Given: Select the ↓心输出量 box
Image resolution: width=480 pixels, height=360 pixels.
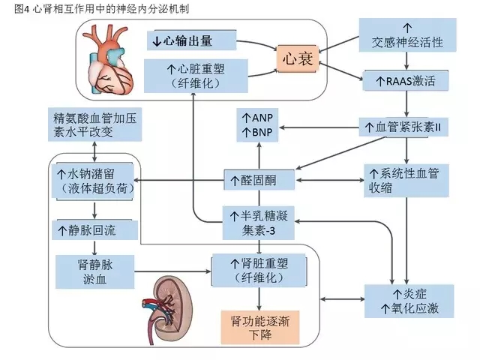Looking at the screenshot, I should click(x=191, y=40).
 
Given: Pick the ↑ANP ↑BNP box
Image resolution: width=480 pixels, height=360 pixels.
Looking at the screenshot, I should click(x=257, y=125).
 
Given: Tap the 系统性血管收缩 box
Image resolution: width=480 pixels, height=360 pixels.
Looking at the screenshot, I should click(x=405, y=181).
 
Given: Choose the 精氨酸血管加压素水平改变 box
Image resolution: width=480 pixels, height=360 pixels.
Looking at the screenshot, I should click(x=94, y=126).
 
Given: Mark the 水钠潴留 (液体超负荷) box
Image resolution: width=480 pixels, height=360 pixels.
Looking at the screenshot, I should click(x=94, y=180).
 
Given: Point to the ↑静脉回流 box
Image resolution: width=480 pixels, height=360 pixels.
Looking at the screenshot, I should click(x=94, y=228).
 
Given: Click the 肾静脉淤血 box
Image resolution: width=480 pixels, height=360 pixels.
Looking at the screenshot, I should click(x=94, y=271).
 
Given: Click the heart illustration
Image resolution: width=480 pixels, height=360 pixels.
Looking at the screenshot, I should click(x=109, y=57).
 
